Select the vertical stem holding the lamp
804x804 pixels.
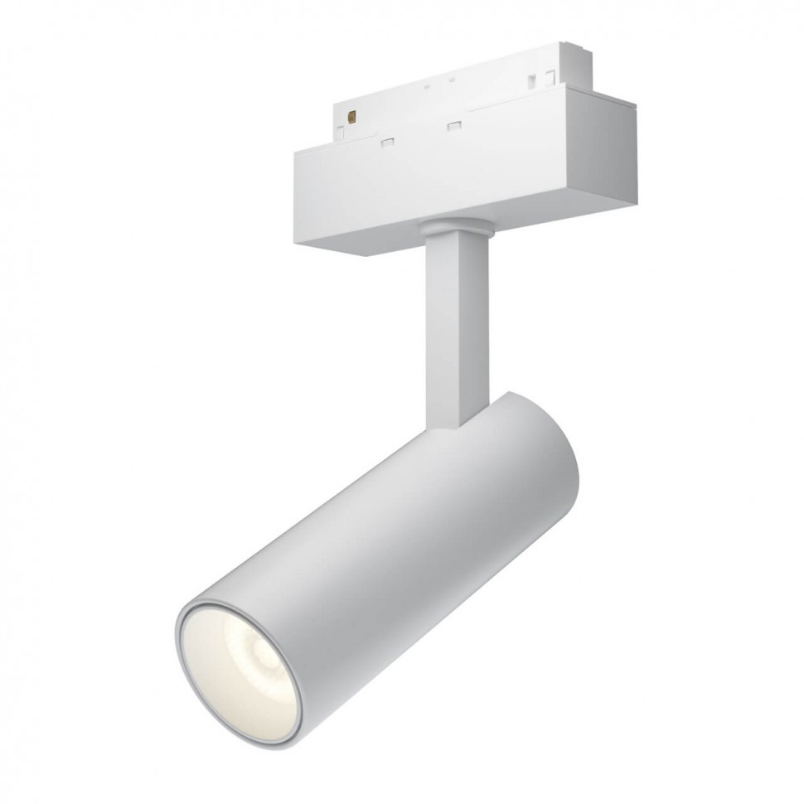454,323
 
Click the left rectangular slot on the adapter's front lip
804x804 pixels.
386,143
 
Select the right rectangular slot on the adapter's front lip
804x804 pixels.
453,126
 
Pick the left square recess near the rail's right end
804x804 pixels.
530,80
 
